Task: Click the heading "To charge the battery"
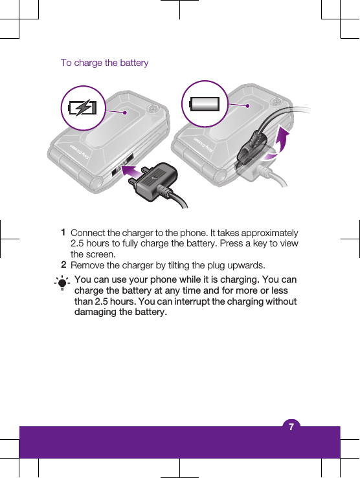coord(104,63)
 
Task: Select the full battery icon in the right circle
coord(204,104)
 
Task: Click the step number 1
coord(63,232)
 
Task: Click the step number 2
coord(63,265)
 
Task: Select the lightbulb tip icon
coord(62,283)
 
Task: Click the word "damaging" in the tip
coord(98,313)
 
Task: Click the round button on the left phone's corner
coord(153,108)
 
